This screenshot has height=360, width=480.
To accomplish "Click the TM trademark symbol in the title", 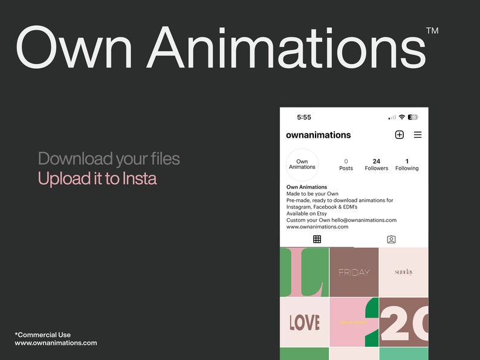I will tap(432, 30).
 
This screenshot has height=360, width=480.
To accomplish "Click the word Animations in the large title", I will tap(286, 48).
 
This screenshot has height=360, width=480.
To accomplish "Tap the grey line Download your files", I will tap(109, 159).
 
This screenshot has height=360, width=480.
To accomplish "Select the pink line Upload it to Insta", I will tap(97, 179).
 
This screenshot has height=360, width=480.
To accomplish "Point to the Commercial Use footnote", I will tap(43, 335).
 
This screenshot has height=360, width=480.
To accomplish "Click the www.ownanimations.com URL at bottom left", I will tap(56, 343).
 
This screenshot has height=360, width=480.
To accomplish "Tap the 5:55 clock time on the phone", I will tap(304, 117).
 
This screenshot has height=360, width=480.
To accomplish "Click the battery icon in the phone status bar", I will tap(413, 117).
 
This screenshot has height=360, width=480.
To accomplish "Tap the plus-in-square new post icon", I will tap(399, 135).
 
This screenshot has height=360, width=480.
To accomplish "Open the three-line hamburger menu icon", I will tap(418, 135).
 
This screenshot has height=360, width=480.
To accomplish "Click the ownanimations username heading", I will tap(318, 135).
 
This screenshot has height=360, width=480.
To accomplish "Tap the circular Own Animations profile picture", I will tap(302, 164).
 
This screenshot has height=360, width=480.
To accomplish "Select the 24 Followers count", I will tap(377, 164).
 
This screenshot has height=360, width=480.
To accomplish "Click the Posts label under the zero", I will tap(346, 169).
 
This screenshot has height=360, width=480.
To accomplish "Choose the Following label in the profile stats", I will tap(407, 169).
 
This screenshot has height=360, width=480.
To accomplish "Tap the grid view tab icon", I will tap(317, 239).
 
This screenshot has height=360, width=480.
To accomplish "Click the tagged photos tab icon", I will tap(391, 239).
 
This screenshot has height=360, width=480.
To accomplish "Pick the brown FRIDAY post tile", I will tap(354, 272).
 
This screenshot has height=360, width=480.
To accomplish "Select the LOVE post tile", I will tap(304, 322).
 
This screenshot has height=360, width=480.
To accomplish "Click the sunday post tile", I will tap(404, 272).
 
